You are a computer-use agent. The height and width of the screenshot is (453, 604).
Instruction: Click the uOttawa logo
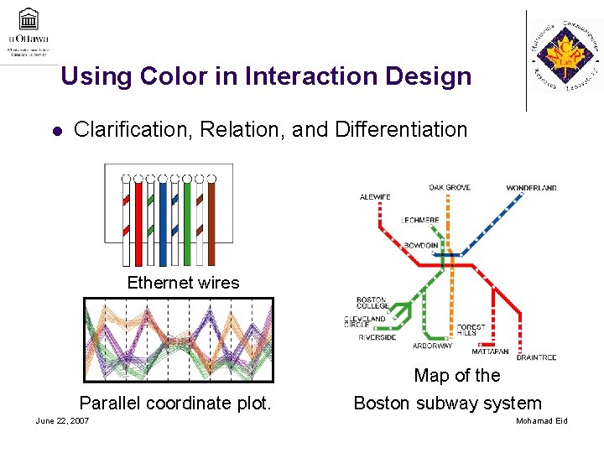point(29,31)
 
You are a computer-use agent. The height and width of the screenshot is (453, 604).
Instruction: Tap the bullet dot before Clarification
point(56,131)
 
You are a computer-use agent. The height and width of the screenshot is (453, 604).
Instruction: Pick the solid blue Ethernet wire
point(163,223)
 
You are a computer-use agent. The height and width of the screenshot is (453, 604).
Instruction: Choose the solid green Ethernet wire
point(187,223)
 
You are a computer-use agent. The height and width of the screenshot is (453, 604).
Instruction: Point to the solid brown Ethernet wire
point(211,223)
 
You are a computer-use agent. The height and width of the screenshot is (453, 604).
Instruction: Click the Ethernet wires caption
point(183,283)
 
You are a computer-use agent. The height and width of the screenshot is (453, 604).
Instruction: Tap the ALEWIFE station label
point(375,197)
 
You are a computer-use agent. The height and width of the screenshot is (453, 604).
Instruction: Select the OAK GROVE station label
point(450,187)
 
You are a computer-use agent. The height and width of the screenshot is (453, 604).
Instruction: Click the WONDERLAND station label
point(531,188)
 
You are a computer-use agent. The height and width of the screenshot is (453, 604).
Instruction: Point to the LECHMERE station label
point(420,221)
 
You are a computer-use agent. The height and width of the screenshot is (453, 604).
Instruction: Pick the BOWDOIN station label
point(421,245)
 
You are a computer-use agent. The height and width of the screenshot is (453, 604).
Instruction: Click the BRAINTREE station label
point(536,358)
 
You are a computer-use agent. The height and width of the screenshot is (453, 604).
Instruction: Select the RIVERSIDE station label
point(377,337)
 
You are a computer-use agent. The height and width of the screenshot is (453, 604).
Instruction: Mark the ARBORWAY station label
point(432,346)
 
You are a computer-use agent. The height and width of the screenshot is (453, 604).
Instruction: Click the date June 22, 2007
point(63,420)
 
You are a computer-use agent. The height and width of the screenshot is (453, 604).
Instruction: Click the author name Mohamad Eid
point(541,420)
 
